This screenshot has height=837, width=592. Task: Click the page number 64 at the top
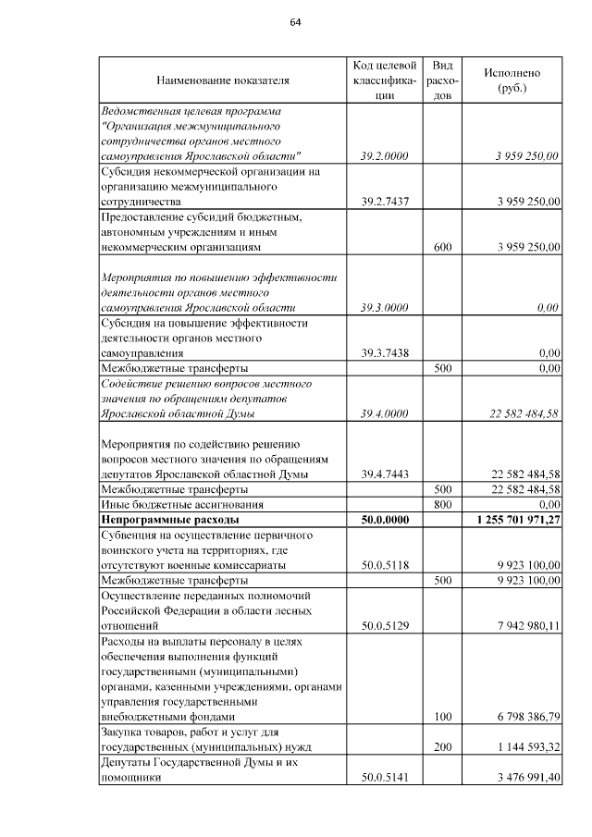pyautogui.click(x=296, y=22)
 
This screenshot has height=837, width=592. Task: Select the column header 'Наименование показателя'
pyautogui.click(x=223, y=80)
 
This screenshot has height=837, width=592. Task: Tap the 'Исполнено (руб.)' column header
pyautogui.click(x=512, y=80)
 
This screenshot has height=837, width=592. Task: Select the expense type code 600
pyautogui.click(x=442, y=247)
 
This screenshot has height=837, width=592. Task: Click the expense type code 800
pyautogui.click(x=442, y=505)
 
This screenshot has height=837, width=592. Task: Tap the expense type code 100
pyautogui.click(x=442, y=716)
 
